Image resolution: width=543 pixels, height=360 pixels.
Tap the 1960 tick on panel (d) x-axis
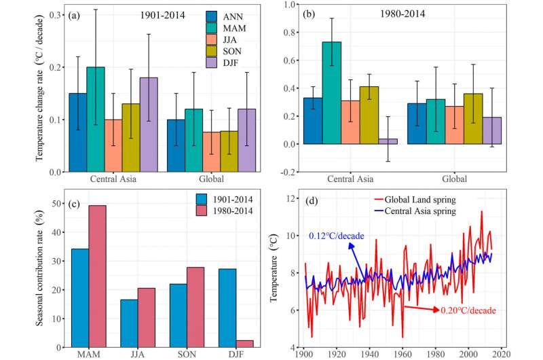[x=404, y=354]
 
